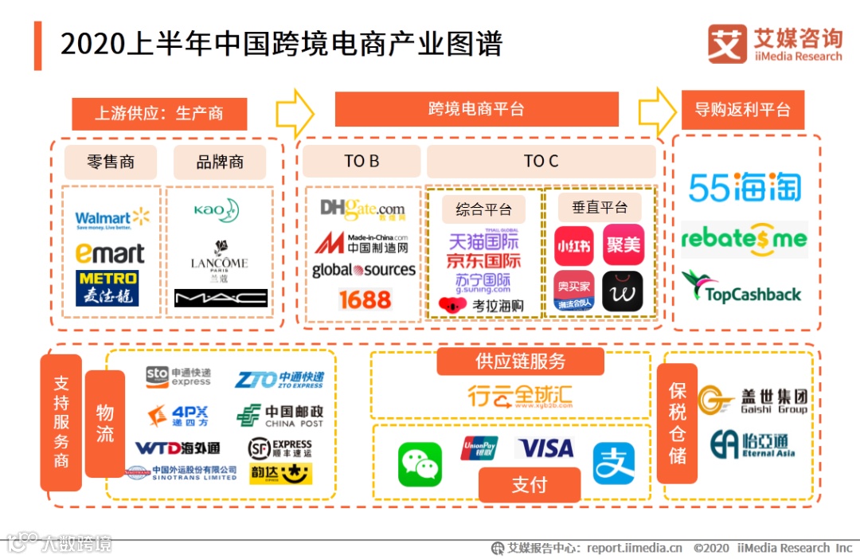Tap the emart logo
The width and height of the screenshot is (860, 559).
click(x=110, y=253)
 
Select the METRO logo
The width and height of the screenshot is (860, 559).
click(x=107, y=287)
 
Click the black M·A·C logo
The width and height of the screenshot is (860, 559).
click(x=221, y=298)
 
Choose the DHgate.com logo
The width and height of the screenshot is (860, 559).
click(x=363, y=209)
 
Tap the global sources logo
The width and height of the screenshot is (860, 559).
click(x=364, y=270)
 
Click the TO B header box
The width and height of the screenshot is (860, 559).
click(x=362, y=161)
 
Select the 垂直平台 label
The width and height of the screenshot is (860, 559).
click(x=600, y=208)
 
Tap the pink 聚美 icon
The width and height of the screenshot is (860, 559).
click(x=623, y=244)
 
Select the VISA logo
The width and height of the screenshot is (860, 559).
click(x=546, y=448)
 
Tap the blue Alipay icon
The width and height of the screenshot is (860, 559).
click(x=613, y=463)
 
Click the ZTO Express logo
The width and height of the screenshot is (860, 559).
click(x=279, y=378)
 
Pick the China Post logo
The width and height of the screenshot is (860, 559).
click(x=279, y=416)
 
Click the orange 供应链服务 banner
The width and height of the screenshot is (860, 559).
click(x=520, y=361)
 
